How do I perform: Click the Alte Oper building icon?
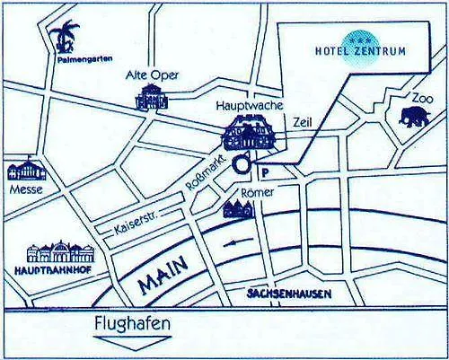pyautogui.click(x=151, y=98)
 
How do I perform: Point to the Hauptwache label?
pyautogui.click(x=243, y=106)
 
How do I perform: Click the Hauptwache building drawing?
pyautogui.click(x=251, y=135)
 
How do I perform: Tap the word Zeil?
pyautogui.click(x=302, y=125)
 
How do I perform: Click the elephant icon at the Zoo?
pyautogui.click(x=414, y=116)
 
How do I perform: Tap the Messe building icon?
pyautogui.click(x=24, y=171)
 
